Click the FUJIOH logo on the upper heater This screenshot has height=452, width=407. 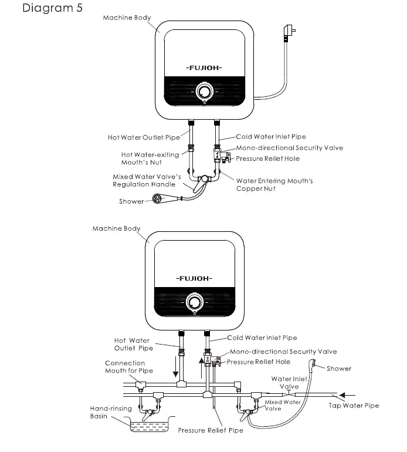203,68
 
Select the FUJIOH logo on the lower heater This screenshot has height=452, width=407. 194,276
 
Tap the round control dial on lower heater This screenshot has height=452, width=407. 194,302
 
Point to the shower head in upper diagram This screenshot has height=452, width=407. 157,198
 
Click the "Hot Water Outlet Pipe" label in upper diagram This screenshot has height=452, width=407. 144,137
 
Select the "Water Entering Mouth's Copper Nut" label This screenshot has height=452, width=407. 274,185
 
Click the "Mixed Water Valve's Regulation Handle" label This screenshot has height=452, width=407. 143,180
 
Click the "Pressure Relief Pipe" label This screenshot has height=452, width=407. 211,431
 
